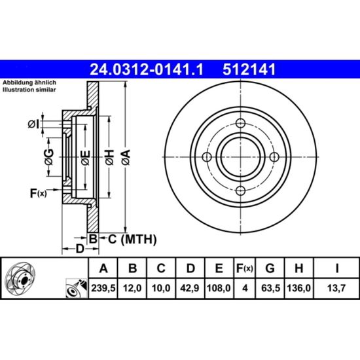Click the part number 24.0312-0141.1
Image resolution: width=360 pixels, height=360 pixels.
click(x=147, y=69)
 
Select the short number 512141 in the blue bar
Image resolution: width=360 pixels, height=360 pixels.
click(x=249, y=69)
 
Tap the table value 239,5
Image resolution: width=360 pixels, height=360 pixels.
click(x=103, y=288)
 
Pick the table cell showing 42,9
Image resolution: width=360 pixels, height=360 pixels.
click(x=190, y=288)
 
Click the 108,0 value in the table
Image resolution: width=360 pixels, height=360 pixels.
click(x=219, y=288)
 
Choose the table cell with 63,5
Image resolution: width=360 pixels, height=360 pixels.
click(x=270, y=288)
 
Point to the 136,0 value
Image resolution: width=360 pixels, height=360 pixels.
click(x=298, y=288)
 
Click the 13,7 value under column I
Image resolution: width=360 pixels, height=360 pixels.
click(x=336, y=288)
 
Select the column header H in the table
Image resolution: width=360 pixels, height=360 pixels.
click(x=298, y=268)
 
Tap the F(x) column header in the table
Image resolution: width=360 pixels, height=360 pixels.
click(x=245, y=268)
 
